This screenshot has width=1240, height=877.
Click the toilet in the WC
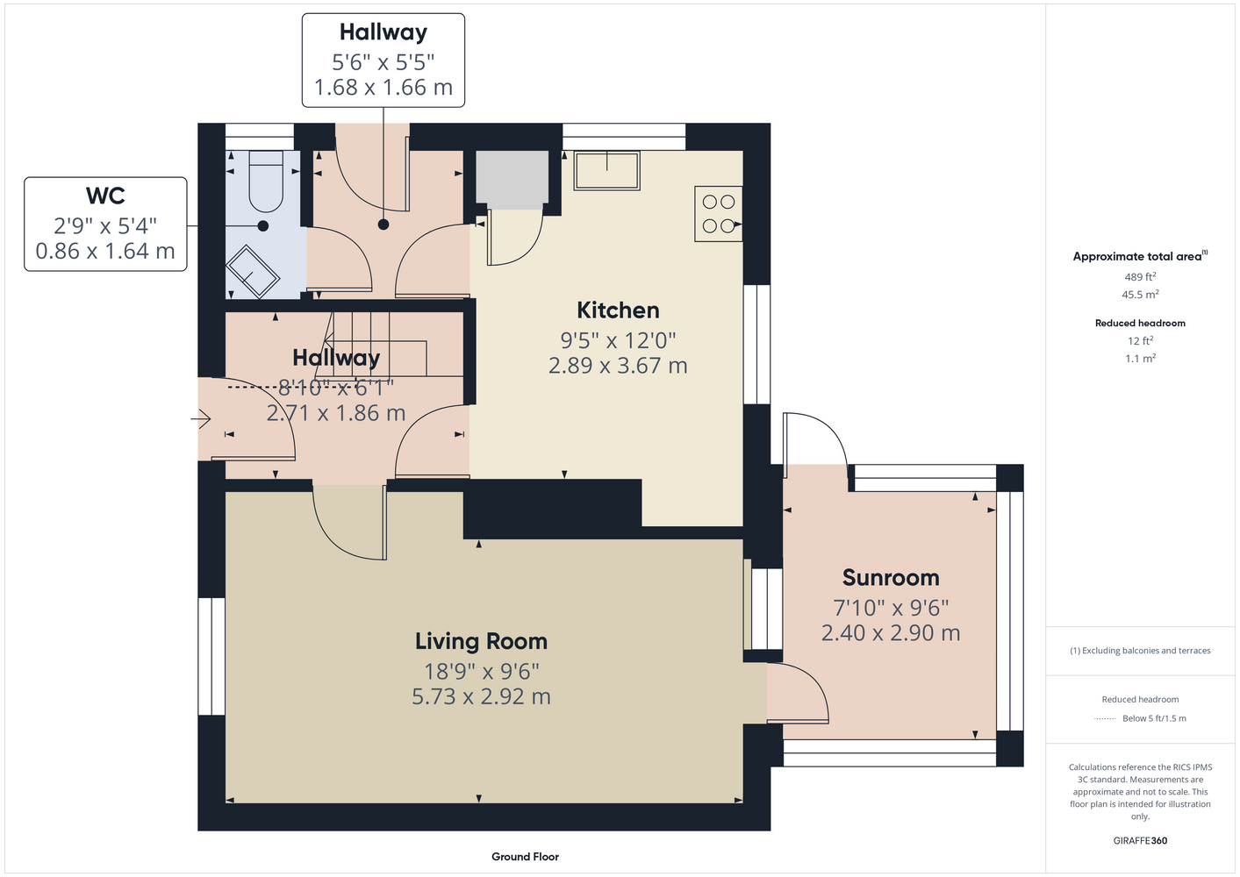pos(266,182)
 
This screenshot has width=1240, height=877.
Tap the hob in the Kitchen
pos(719,214)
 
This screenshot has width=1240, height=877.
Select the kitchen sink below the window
pos(606,170)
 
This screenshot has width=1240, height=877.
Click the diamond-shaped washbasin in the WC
pos(252,272)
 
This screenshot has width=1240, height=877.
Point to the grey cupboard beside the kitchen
pos(512,180)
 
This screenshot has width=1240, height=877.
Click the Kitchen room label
pos(618,310)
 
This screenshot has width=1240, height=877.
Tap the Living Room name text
pos(481,641)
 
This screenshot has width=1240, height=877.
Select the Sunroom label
pos(891,578)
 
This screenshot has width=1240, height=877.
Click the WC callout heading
pos(105,196)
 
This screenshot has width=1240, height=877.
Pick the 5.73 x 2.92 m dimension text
pos(481,696)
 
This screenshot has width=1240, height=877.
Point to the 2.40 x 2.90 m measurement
pos(891,632)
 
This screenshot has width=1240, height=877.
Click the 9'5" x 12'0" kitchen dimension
pos(618,340)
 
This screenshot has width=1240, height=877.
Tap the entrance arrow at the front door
pos(200,419)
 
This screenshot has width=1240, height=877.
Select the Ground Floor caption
pos(525,857)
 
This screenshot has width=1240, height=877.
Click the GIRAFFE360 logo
pos(1140,840)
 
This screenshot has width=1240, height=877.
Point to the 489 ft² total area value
pos(1140,276)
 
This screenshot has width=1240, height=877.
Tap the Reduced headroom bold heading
pos(1140,323)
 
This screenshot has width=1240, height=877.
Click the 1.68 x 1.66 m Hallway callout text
pos(383,88)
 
